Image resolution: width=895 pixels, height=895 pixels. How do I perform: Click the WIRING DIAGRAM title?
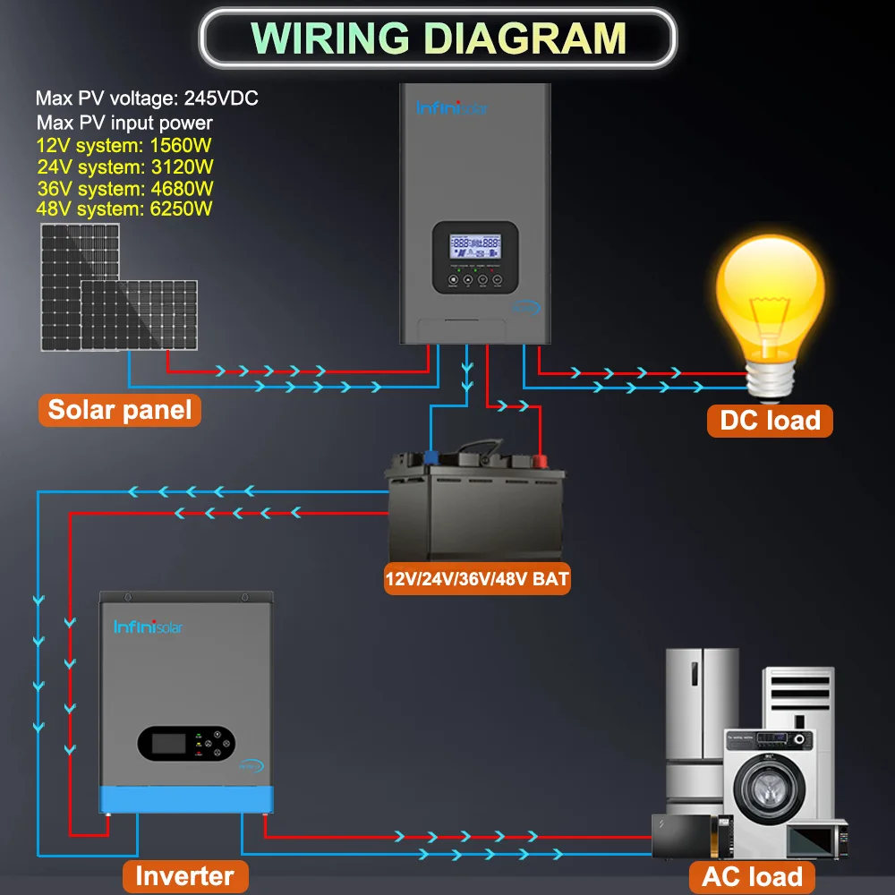tap(438, 38)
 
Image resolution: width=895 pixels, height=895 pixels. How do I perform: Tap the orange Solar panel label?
tap(120, 410)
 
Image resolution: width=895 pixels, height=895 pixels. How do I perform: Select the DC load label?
tap(770, 420)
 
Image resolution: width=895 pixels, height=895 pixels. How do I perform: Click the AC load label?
tap(752, 876)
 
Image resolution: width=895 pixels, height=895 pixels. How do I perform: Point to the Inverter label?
tap(184, 876)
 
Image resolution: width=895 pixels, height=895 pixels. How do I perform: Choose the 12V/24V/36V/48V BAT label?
tap(477, 578)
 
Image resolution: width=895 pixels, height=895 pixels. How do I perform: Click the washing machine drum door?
tap(769, 789)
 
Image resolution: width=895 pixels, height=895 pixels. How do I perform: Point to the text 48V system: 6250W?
tap(124, 209)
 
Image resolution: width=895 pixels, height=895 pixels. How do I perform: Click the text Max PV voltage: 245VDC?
tap(147, 98)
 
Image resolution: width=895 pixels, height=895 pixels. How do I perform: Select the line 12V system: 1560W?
tap(124, 145)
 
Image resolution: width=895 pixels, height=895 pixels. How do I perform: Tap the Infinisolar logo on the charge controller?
tap(452, 107)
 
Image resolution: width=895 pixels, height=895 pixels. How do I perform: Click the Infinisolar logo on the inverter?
tap(148, 627)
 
